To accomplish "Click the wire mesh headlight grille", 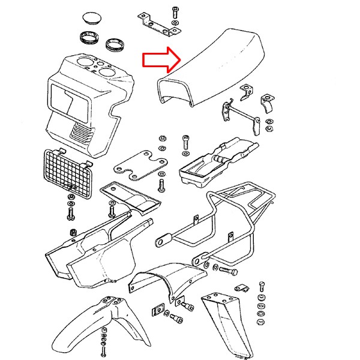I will (67, 173).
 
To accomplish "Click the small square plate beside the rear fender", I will (159, 310).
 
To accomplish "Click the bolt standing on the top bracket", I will (175, 13).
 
